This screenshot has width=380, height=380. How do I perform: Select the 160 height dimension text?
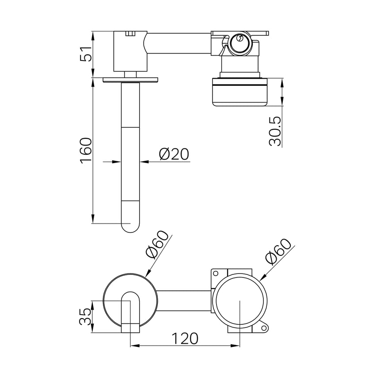tap(86, 151)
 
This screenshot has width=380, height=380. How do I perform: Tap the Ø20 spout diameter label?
tap(174, 154)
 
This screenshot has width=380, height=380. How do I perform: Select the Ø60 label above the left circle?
tap(157, 245)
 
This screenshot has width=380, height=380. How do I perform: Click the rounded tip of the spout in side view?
tap(130, 225)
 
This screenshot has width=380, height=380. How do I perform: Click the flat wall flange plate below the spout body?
tap(130, 80)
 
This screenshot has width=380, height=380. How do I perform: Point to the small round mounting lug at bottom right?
tap(265, 327)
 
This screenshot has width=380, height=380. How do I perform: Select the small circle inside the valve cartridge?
tap(239, 39)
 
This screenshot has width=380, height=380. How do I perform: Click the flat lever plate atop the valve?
tap(240, 33)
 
